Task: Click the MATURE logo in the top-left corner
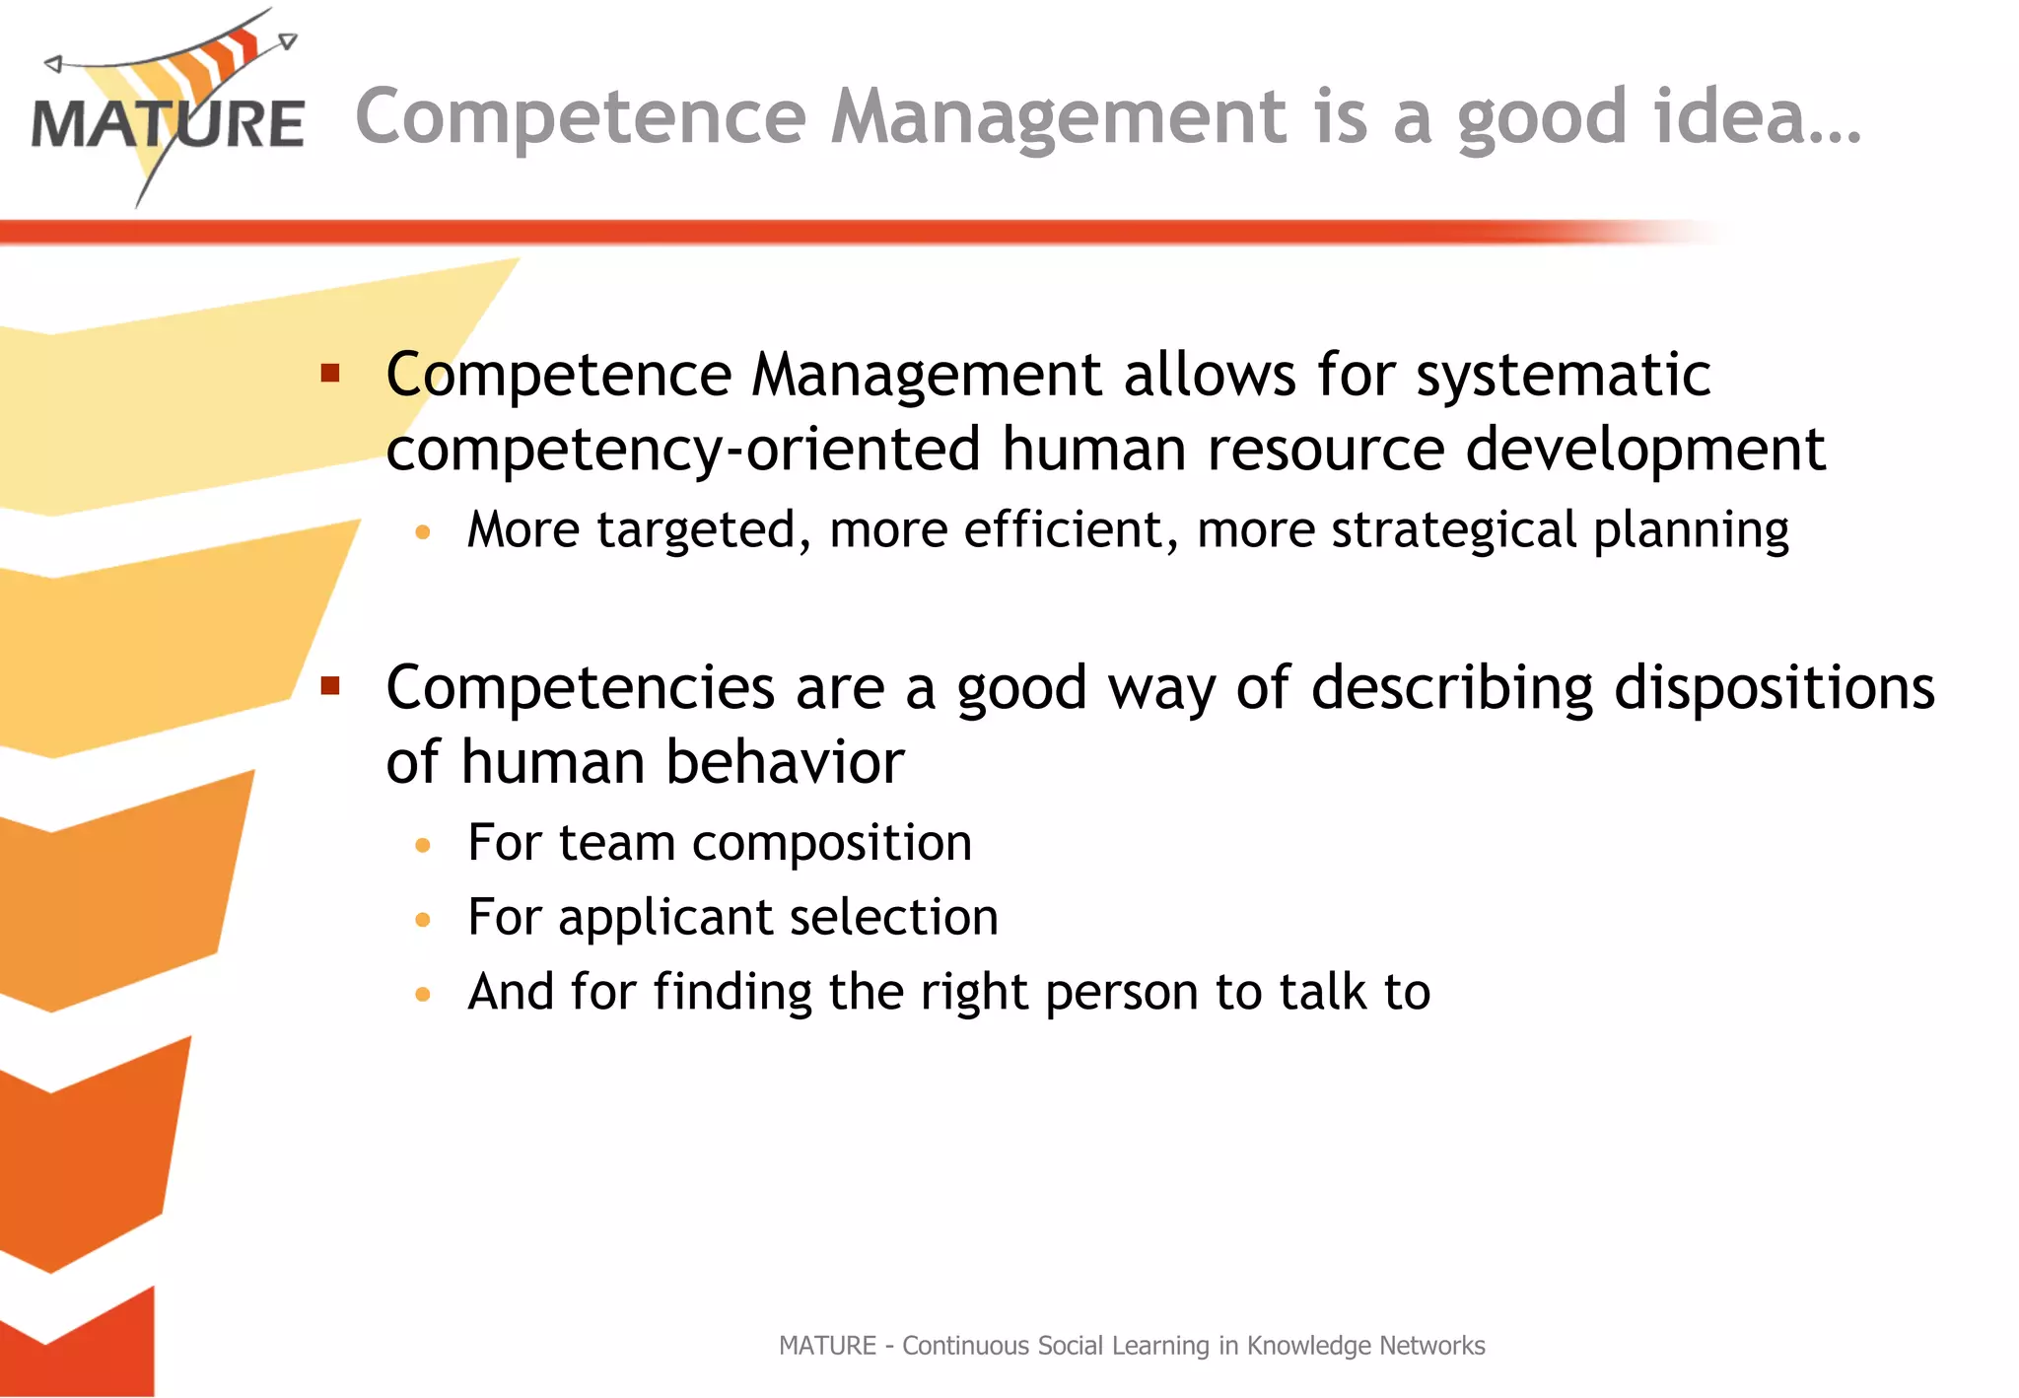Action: (168, 108)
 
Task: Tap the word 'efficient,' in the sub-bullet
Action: (1071, 530)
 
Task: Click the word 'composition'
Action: (831, 844)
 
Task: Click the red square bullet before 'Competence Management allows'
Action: (330, 374)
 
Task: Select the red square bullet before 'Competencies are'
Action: (330, 685)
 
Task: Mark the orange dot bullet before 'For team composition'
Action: (423, 845)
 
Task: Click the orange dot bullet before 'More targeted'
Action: (423, 532)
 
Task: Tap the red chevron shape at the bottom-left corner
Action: (79, 1346)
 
